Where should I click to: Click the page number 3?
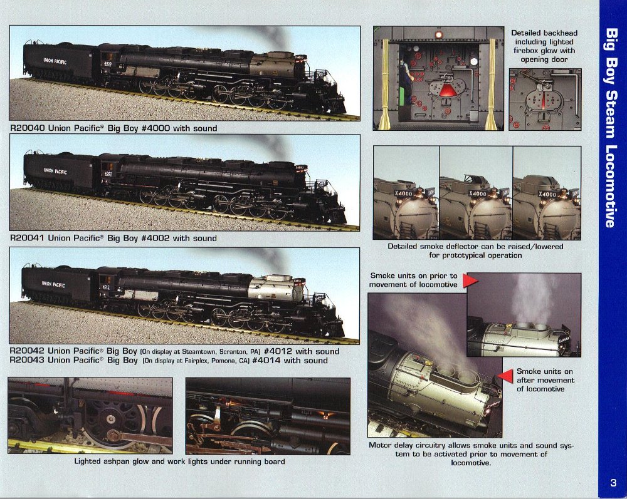pos(613,482)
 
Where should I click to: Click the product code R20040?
pos(27,128)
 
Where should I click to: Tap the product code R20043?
pos(27,361)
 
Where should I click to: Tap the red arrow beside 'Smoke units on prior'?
pos(470,280)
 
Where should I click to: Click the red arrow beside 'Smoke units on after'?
pos(505,376)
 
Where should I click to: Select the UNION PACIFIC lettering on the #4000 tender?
pos(55,61)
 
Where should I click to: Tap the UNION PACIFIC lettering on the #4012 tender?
pos(53,284)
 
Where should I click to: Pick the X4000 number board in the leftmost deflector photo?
pos(403,193)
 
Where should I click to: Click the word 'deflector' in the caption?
pos(464,247)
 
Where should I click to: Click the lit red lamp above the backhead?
pos(439,34)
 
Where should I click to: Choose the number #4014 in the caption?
pos(266,361)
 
